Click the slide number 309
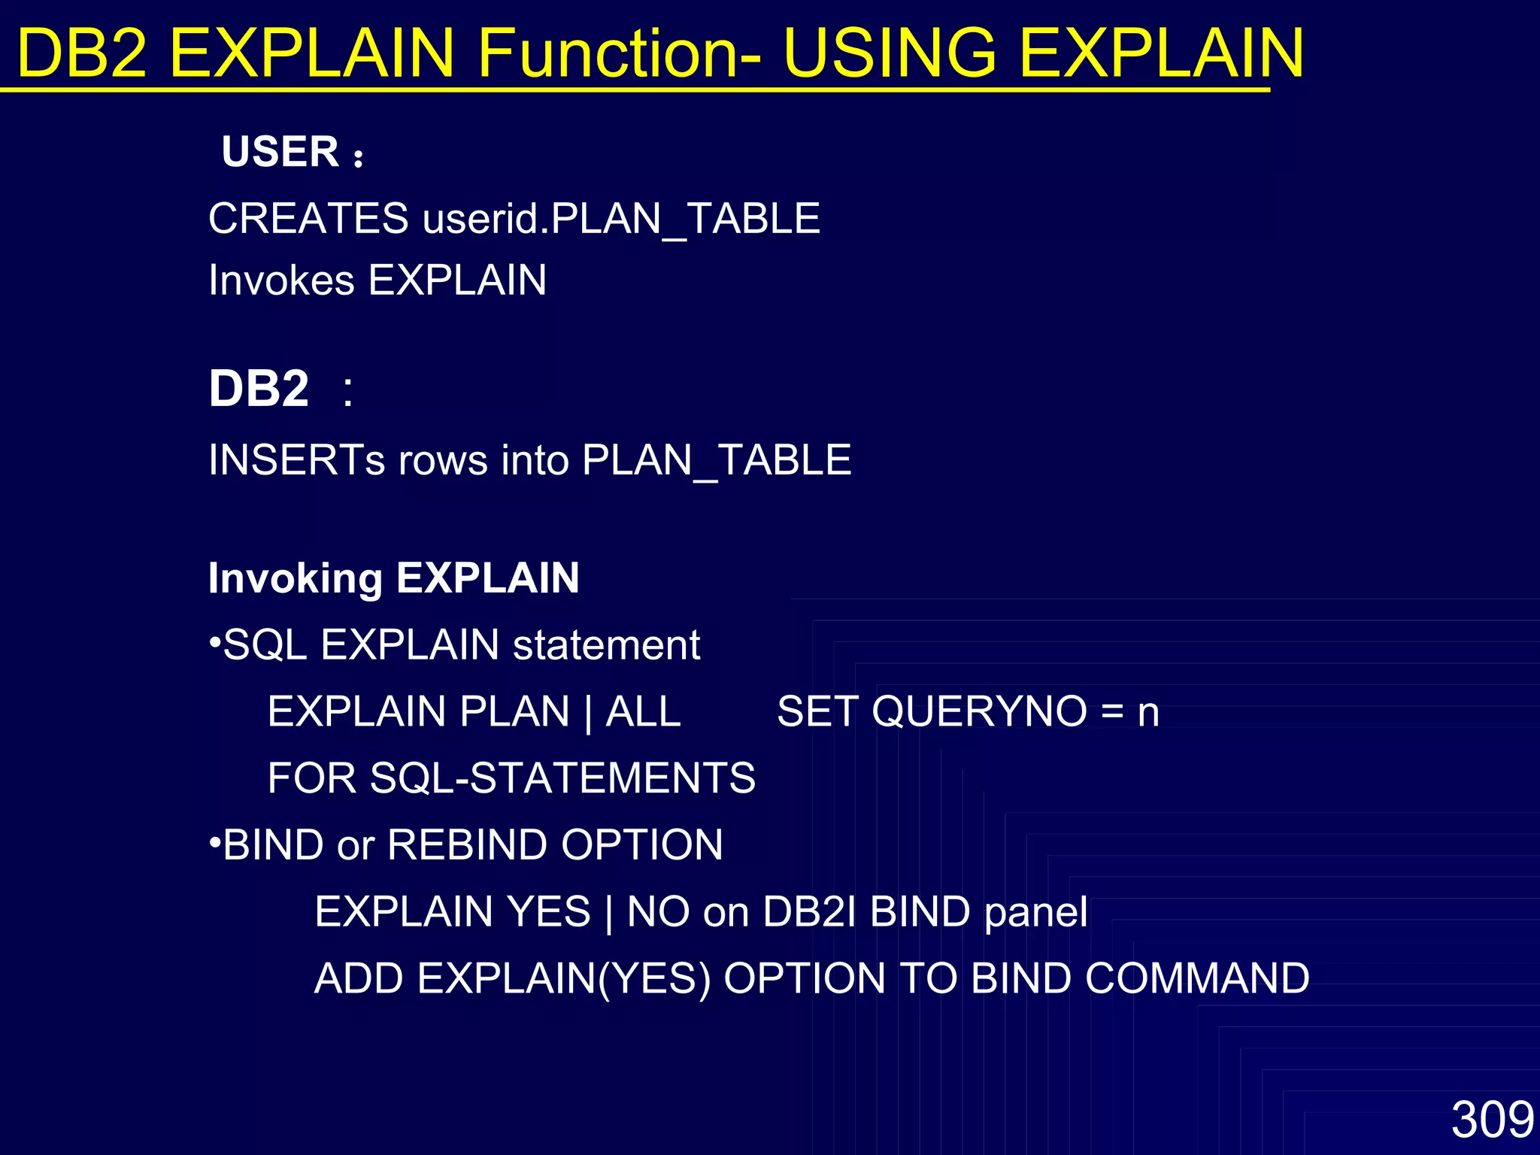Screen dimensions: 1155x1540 (1492, 1120)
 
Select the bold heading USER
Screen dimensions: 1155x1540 (280, 152)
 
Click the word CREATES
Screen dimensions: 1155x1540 (308, 219)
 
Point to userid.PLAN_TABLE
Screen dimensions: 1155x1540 (621, 219)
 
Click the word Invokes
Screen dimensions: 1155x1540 (281, 280)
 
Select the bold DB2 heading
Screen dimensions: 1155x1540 (259, 389)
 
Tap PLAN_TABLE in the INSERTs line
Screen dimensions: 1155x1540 (716, 459)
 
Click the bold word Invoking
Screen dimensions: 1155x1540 (295, 577)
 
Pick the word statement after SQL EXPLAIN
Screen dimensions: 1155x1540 (606, 645)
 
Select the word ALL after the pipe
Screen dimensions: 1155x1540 (643, 711)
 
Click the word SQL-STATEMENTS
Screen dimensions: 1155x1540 (562, 778)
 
